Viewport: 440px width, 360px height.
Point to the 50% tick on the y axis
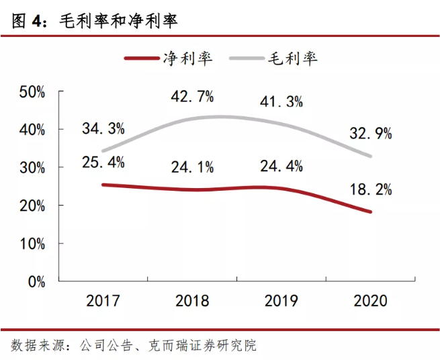click(x=32, y=91)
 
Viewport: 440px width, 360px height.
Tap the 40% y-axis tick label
click(x=32, y=129)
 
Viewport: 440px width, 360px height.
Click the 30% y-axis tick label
click(x=32, y=167)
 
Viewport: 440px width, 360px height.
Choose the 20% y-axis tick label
click(x=32, y=205)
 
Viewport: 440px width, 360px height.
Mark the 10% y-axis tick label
click(x=32, y=243)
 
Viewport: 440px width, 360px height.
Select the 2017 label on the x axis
click(x=103, y=300)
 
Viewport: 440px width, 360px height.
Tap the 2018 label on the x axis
click(x=193, y=300)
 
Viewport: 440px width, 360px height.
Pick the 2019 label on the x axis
click(x=281, y=300)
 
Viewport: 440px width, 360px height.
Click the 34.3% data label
click(x=103, y=128)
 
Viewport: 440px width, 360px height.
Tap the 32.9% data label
click(x=370, y=133)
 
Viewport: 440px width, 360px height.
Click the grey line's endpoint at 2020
click(x=371, y=156)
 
